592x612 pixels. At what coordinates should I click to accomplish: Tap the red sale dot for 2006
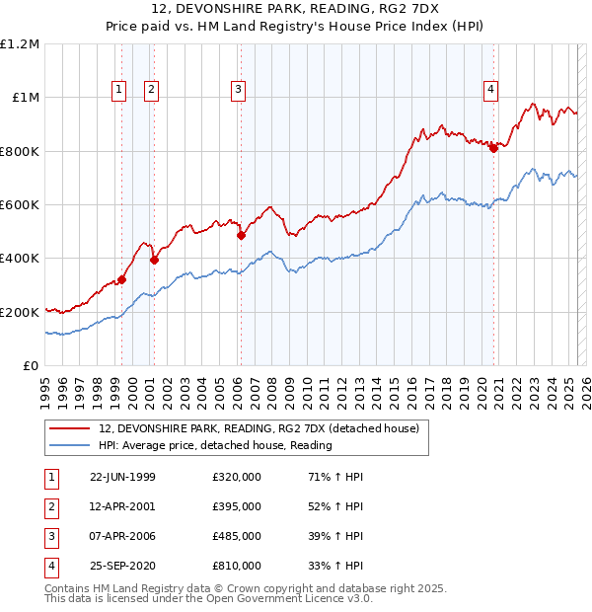(241, 236)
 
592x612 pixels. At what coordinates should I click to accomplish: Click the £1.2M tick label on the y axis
(20, 44)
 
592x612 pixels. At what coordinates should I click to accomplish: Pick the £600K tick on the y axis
(20, 205)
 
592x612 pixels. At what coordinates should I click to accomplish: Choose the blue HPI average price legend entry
(215, 445)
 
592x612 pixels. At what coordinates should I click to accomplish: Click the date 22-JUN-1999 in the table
(122, 477)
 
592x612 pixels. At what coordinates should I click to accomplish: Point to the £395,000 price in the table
(237, 506)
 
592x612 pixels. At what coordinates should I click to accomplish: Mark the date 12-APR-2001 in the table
(122, 506)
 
